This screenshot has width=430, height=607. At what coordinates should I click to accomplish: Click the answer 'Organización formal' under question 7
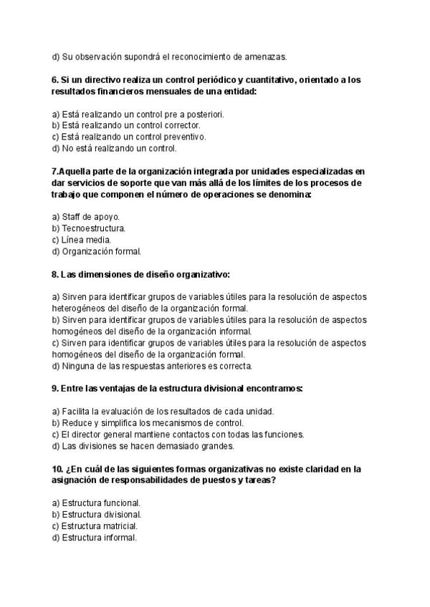point(97,251)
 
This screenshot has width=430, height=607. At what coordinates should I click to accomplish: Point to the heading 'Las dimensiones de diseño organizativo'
point(140,274)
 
